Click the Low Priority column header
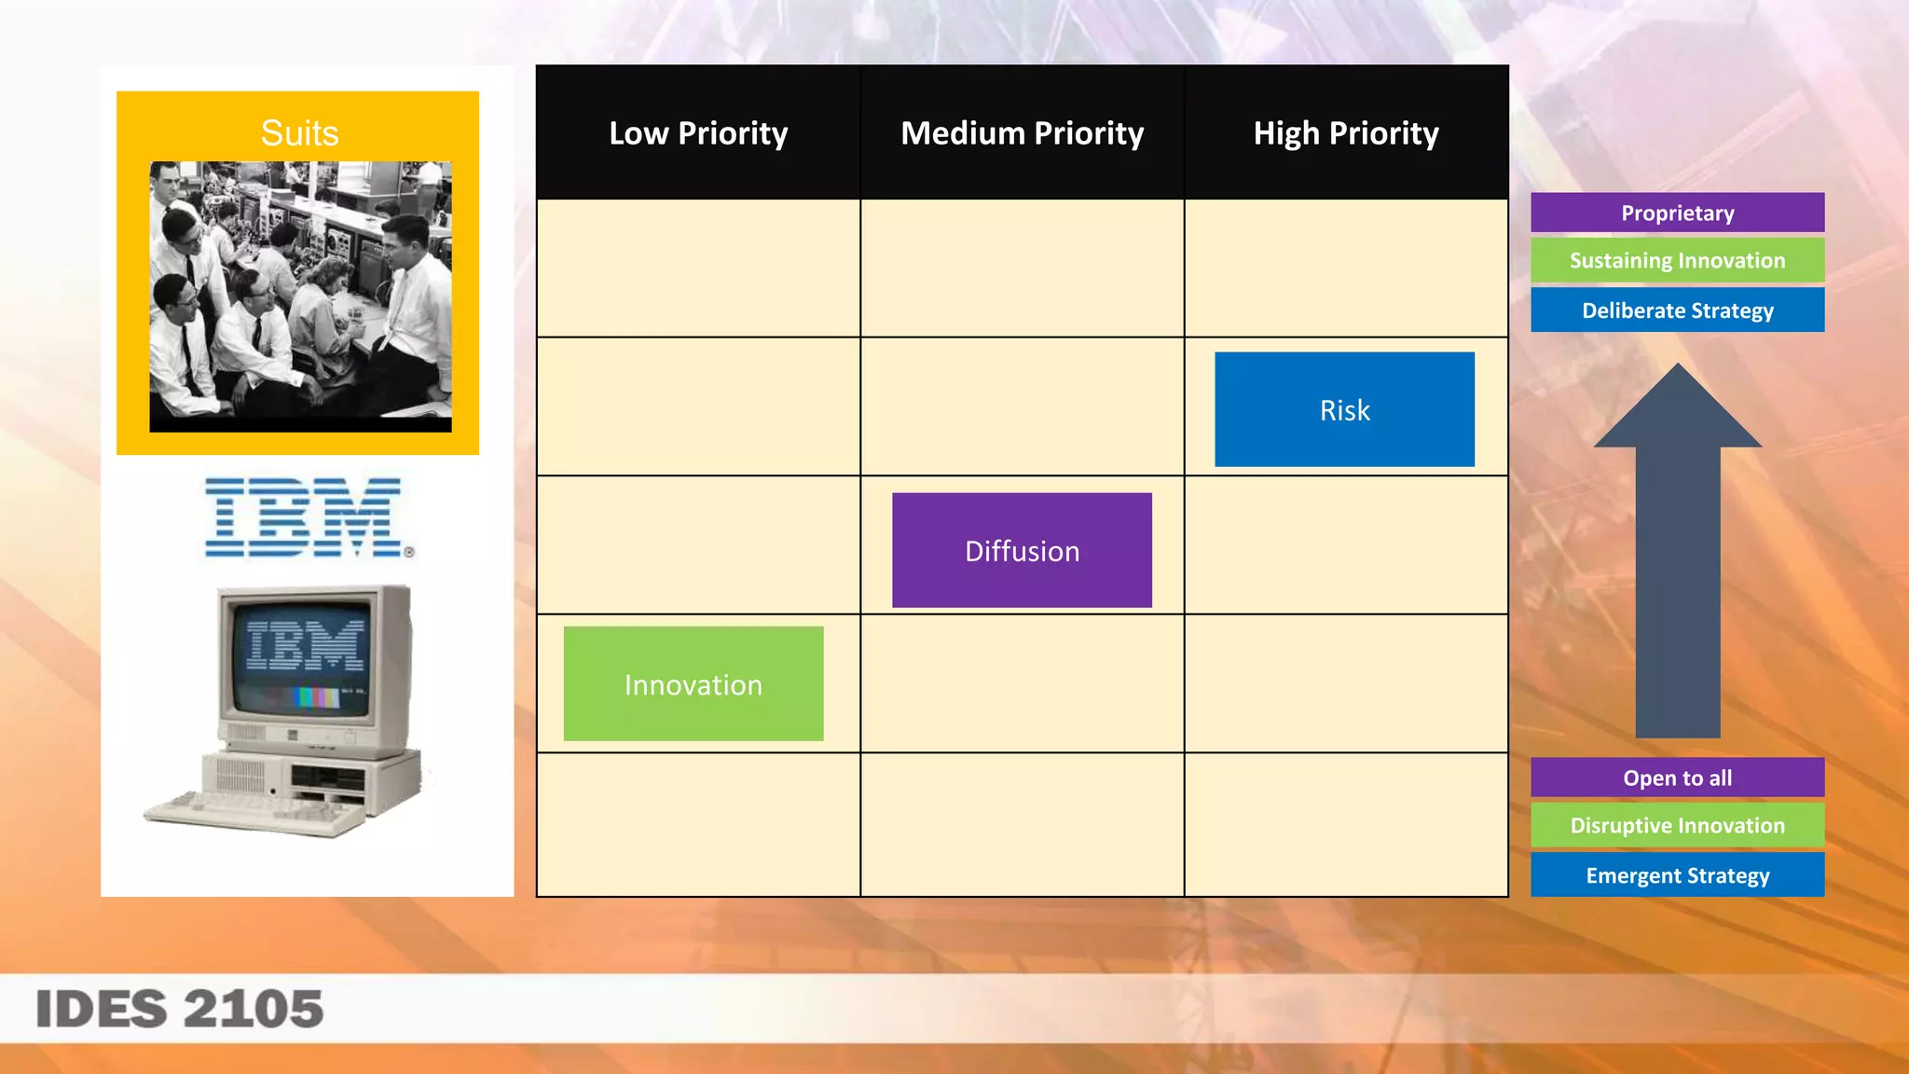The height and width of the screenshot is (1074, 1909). [x=698, y=133]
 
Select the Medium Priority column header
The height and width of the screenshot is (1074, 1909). [x=1022, y=133]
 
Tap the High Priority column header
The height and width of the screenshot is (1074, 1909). [x=1345, y=133]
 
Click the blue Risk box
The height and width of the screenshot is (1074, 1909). [x=1344, y=409]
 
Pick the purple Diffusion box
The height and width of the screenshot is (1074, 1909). [x=1022, y=550]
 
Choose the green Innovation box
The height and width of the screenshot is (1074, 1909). [x=693, y=684]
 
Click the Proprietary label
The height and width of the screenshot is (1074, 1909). [x=1677, y=213]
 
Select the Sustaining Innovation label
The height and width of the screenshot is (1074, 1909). [x=1677, y=260]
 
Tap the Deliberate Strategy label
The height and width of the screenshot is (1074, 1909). [x=1677, y=310]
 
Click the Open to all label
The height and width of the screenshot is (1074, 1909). [x=1677, y=778]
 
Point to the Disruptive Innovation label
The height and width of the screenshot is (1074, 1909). [x=1677, y=825]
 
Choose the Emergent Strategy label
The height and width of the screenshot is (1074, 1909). [x=1677, y=874]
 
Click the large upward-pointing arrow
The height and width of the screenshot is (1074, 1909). [x=1677, y=559]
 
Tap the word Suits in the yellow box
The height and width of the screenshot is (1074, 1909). [x=299, y=133]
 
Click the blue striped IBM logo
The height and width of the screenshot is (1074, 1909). [x=303, y=517]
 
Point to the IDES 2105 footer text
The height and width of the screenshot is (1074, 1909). [x=179, y=1009]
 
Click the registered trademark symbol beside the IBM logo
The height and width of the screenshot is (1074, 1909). [x=409, y=552]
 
